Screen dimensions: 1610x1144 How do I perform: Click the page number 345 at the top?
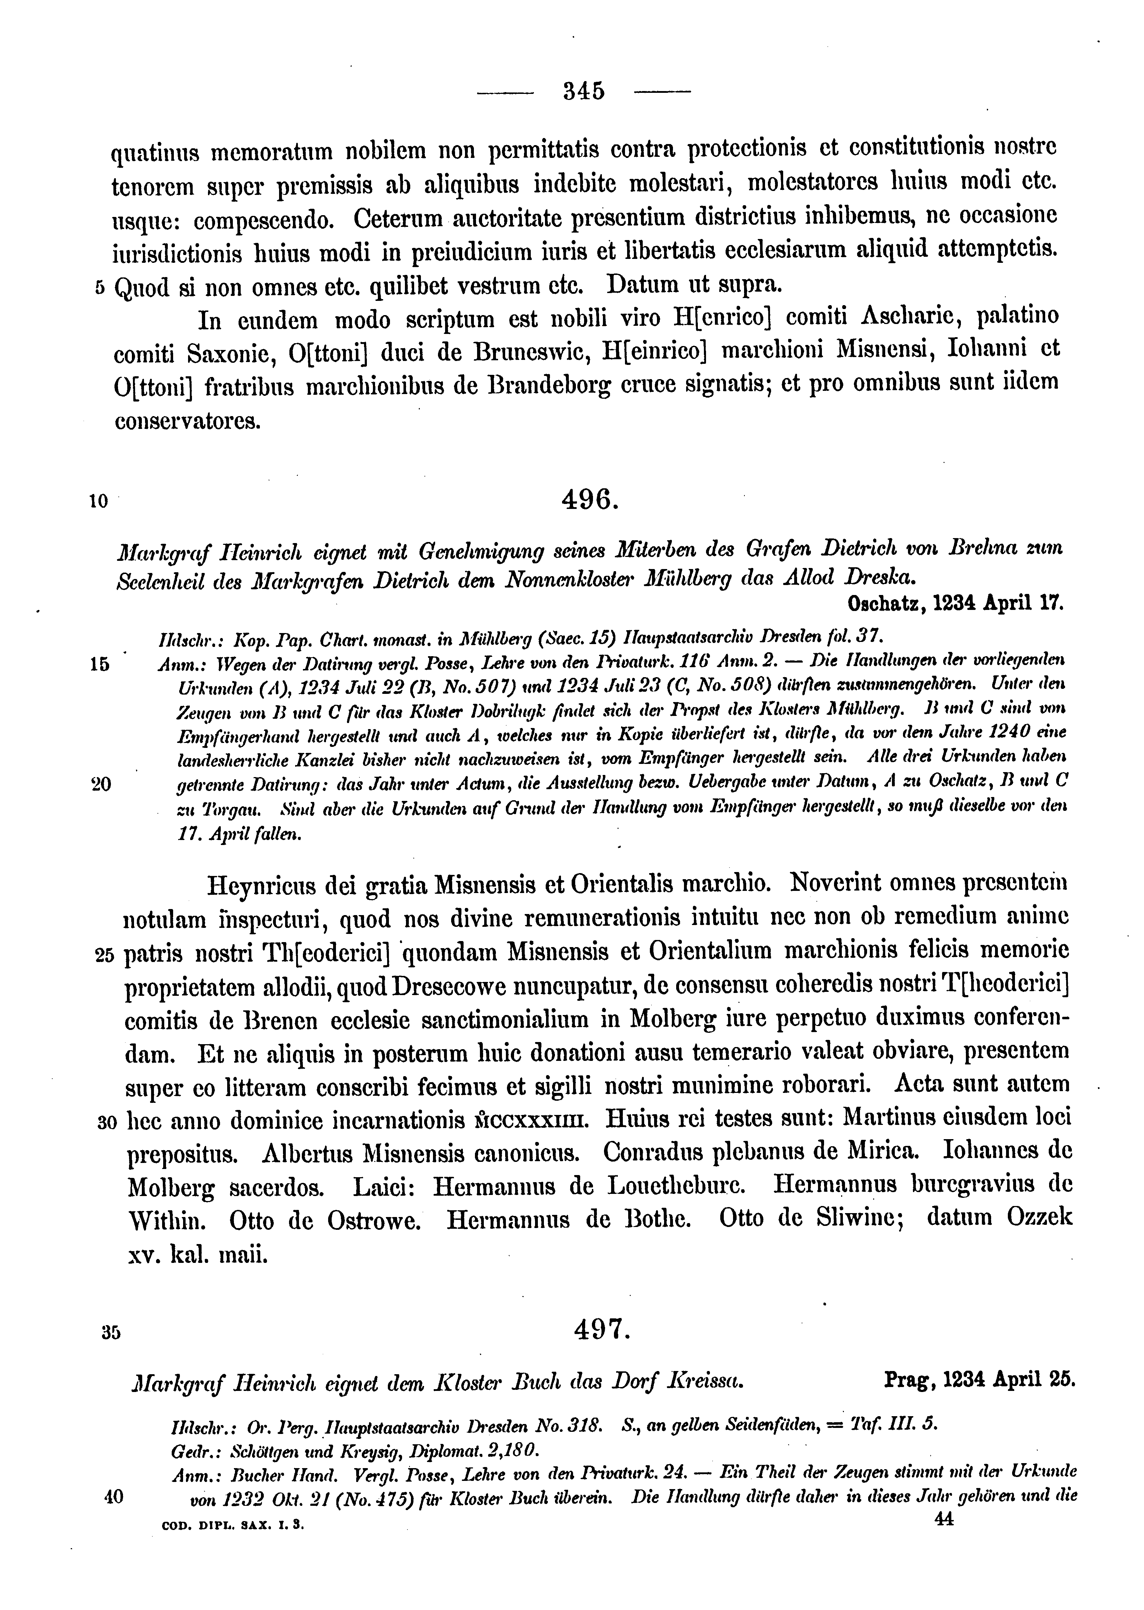click(584, 92)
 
